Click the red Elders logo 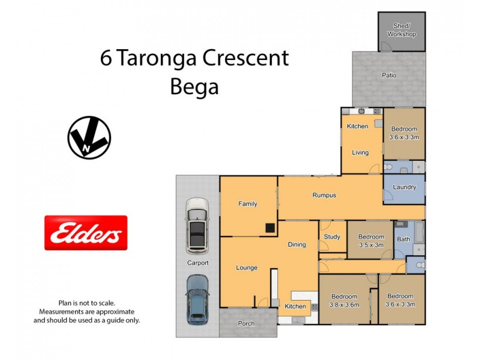tap(86, 233)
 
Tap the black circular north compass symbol tap(89, 138)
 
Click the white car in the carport tap(197, 225)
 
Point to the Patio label tap(389, 76)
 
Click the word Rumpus tap(324, 195)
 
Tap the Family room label tap(248, 204)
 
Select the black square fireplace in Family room tap(271, 228)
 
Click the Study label tap(332, 237)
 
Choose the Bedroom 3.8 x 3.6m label tap(344, 300)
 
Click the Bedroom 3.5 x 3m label tap(371, 241)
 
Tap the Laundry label tap(404, 187)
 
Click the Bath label tap(403, 239)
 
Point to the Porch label tap(246, 323)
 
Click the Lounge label tap(247, 268)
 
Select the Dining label tap(296, 244)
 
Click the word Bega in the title tap(194, 87)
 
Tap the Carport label tap(197, 263)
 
